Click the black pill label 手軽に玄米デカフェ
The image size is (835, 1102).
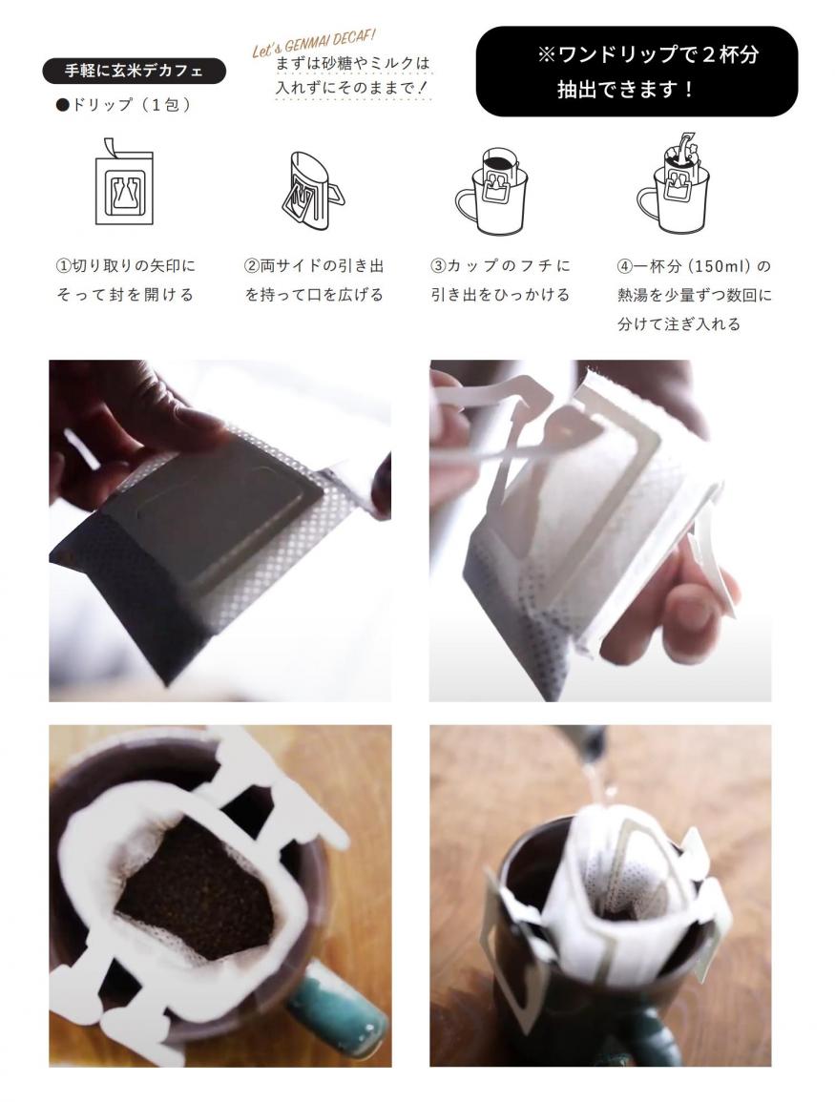[134, 71]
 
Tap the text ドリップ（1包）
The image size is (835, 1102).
[124, 105]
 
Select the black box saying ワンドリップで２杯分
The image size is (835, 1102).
[637, 71]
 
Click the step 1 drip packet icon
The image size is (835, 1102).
[124, 182]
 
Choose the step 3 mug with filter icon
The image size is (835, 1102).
[491, 191]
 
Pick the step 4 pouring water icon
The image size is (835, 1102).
[673, 184]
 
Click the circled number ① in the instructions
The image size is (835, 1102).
[63, 265]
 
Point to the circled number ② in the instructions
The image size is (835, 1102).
[252, 265]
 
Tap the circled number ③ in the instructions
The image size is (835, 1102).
[438, 265]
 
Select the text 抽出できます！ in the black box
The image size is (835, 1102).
[625, 90]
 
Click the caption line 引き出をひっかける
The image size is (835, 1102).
[500, 295]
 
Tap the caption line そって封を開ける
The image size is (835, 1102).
[125, 295]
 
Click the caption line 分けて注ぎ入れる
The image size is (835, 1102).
[678, 324]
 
